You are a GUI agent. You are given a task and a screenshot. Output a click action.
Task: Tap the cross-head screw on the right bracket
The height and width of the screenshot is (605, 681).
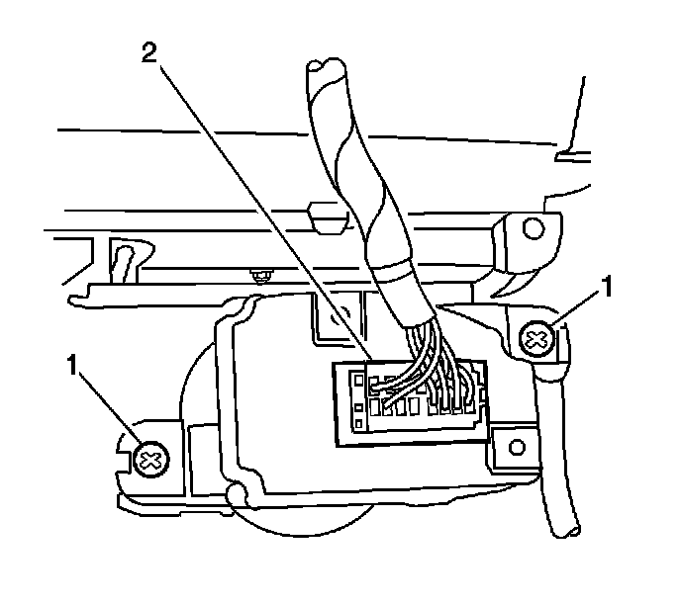(536, 341)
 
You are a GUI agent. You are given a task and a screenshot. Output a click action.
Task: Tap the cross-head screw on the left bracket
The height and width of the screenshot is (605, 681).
(150, 459)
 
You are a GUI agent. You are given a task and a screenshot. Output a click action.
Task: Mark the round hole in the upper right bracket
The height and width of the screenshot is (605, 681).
(534, 229)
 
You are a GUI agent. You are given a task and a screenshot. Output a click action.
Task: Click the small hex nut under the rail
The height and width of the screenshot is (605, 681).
(262, 274)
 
